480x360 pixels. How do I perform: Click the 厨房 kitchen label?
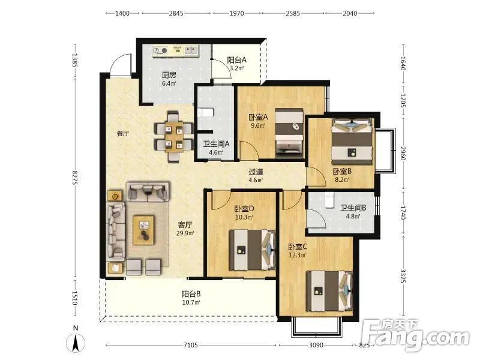coord(169,75)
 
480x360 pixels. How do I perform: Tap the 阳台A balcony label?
coord(236,60)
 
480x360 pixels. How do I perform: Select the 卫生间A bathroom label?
coord(216,144)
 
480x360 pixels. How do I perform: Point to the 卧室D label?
coord(244,209)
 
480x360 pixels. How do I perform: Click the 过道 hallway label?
coord(256,172)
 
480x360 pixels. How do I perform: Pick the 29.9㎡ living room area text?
coord(185,233)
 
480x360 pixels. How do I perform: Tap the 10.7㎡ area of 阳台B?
coord(191,303)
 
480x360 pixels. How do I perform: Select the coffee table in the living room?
coord(143,230)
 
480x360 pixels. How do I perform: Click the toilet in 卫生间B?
coord(329,200)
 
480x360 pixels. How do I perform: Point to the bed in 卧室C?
coord(329,291)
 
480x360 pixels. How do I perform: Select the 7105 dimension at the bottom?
coord(190,346)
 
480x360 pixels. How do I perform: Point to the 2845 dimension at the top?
coord(176,13)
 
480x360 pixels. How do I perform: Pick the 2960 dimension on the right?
coord(403,153)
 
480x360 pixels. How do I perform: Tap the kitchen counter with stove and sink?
coord(176,50)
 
